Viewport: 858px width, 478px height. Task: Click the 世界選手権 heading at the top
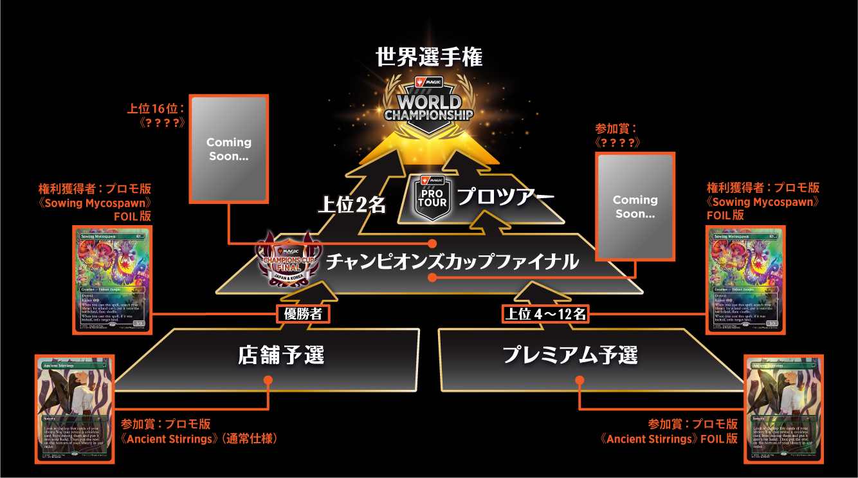point(429,57)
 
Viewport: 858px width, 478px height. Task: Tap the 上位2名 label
point(351,205)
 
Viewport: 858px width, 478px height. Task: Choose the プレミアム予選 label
point(569,354)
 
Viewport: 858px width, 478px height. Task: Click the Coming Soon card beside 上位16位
point(228,149)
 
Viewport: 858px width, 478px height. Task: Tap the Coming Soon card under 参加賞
point(635,206)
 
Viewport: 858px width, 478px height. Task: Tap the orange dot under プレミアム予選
point(580,381)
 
